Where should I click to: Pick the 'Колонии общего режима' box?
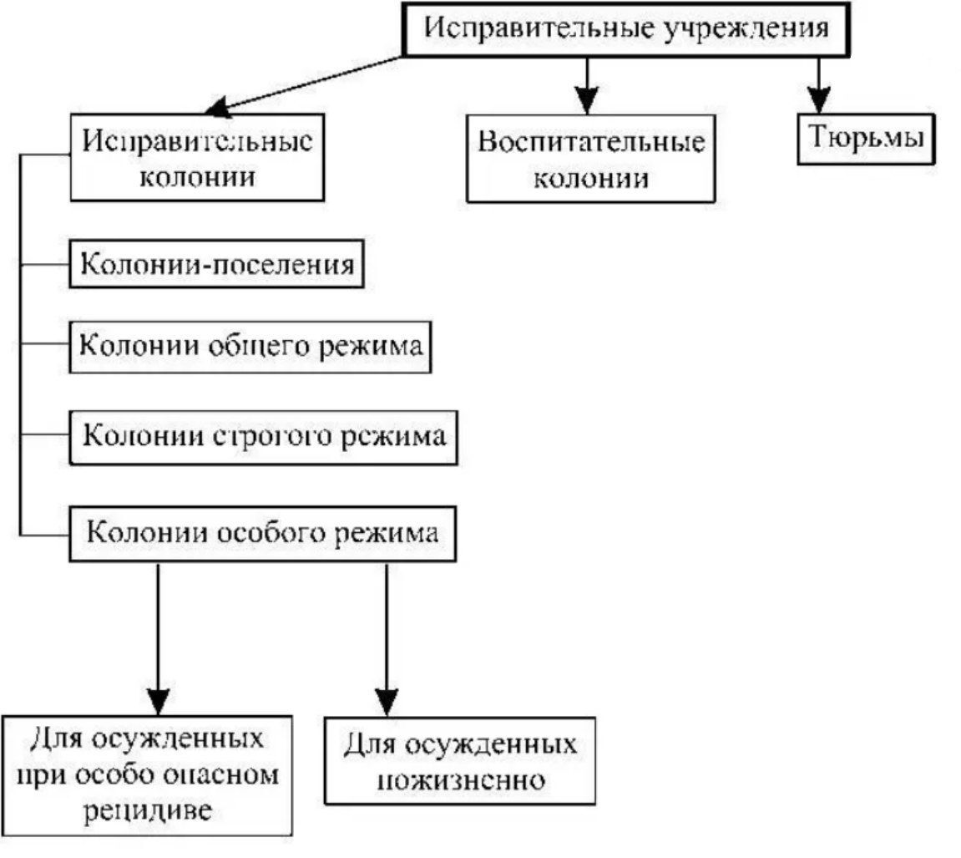[x=250, y=347]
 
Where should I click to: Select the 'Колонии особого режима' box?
[x=263, y=532]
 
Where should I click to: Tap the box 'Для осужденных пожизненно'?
[x=460, y=760]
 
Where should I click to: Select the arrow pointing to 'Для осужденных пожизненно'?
[x=387, y=635]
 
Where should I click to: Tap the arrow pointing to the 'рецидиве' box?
[x=158, y=635]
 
